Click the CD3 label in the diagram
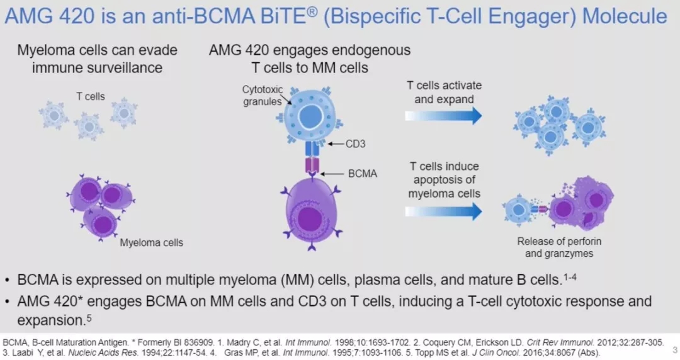(355, 144)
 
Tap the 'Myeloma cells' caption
(152, 242)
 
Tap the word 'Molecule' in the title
(624, 16)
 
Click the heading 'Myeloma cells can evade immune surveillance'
(97, 59)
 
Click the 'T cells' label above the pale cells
(91, 96)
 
